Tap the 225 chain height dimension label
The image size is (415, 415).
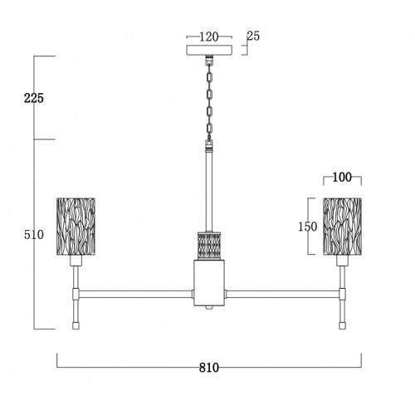(34, 98)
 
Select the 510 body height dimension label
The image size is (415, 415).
(34, 235)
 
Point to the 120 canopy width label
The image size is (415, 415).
(209, 37)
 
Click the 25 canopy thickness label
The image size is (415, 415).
(253, 36)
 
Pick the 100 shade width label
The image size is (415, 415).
(342, 177)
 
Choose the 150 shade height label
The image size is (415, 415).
(307, 227)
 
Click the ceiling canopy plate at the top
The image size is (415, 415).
(209, 50)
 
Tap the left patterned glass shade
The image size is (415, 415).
(76, 227)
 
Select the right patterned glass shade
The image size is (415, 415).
(342, 227)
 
